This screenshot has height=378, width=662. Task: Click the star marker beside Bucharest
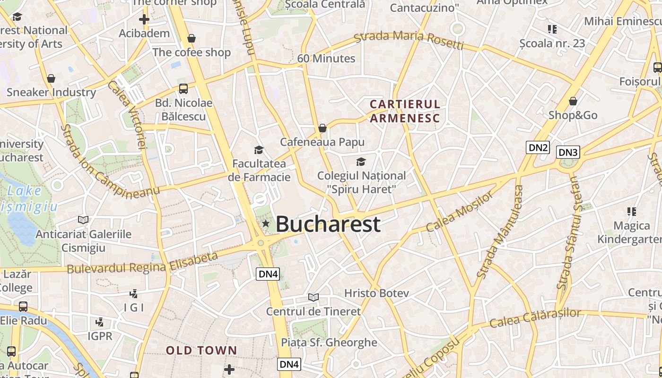(266, 223)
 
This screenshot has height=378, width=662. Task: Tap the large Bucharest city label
(328, 223)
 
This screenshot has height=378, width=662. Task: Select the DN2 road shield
(538, 147)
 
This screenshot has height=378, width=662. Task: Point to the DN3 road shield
(568, 152)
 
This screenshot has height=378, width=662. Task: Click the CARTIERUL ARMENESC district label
(405, 111)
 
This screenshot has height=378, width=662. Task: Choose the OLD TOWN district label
(201, 350)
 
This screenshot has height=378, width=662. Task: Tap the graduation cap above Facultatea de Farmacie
(259, 150)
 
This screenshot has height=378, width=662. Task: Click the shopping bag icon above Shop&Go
(573, 101)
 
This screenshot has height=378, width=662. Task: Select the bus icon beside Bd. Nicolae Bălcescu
(183, 88)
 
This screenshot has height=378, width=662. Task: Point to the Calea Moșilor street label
(459, 212)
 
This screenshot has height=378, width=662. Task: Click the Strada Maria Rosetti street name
(409, 39)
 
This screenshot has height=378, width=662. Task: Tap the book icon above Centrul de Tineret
(313, 297)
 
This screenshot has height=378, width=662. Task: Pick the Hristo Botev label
(376, 293)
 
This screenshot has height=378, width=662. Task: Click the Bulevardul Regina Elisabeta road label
(142, 264)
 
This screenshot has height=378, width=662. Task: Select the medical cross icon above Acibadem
(144, 19)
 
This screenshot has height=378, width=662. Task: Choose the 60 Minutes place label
(326, 59)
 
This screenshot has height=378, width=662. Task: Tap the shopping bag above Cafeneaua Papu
(322, 128)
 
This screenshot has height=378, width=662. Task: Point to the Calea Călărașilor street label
(535, 318)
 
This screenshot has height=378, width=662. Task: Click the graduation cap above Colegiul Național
(361, 162)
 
